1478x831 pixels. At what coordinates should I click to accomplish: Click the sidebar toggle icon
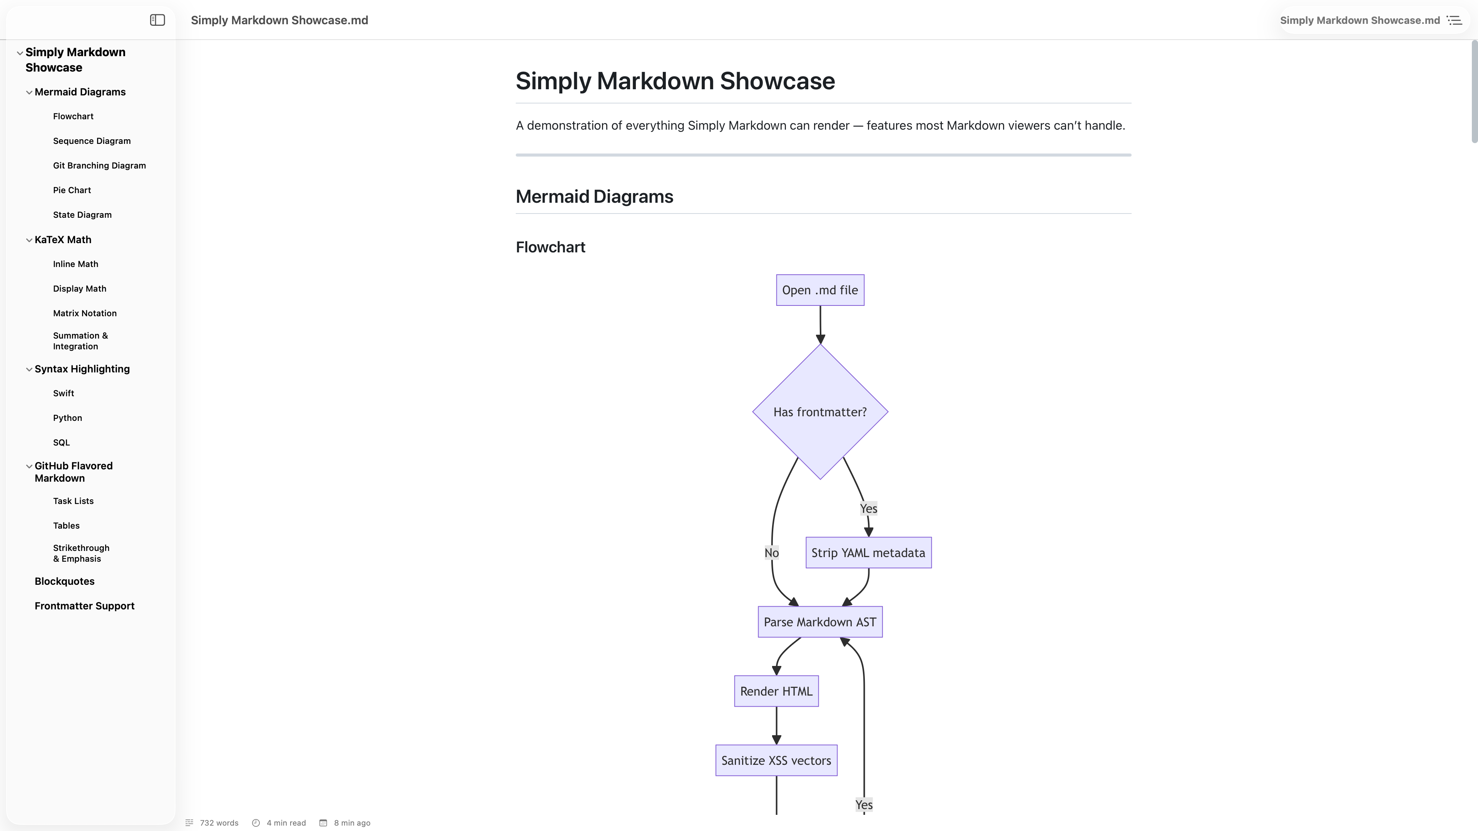coord(157,20)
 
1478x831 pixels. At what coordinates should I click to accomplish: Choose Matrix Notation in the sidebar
coord(85,314)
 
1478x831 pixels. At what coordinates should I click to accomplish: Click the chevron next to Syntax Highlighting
coord(29,369)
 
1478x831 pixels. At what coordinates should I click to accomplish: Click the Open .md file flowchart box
coord(820,290)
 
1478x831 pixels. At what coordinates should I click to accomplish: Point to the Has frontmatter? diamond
coord(820,412)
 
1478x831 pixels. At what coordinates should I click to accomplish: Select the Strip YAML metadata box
coord(868,553)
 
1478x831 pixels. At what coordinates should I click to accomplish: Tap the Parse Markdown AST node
coord(820,622)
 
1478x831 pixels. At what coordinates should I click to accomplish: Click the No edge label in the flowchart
coord(771,553)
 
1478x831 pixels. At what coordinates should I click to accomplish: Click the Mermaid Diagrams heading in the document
coord(594,197)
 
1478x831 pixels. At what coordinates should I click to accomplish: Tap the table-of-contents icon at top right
coord(1455,20)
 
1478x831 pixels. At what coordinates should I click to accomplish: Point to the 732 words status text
coord(219,823)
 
